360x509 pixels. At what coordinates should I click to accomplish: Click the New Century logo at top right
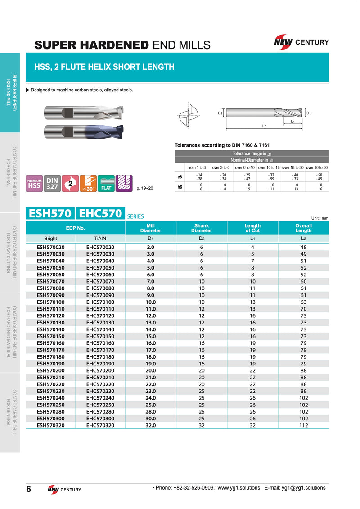click(x=301, y=42)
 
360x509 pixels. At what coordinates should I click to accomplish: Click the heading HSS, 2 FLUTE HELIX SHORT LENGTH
click(x=104, y=67)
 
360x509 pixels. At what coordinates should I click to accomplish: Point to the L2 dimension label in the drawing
click(x=265, y=126)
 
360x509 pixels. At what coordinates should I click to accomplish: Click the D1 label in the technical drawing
click(x=309, y=113)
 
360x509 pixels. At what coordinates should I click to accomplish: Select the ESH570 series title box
click(x=50, y=214)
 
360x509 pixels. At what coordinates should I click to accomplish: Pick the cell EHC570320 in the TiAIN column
click(x=100, y=425)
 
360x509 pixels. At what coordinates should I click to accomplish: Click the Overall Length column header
click(x=303, y=228)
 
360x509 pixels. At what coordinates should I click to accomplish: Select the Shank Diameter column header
click(x=202, y=228)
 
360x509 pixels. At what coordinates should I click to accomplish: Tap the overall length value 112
click(x=303, y=425)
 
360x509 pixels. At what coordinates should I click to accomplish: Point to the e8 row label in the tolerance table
click(x=180, y=177)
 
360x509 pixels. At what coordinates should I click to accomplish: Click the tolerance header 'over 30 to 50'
click(x=317, y=167)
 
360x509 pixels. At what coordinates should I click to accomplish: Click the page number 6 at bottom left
click(x=28, y=490)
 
